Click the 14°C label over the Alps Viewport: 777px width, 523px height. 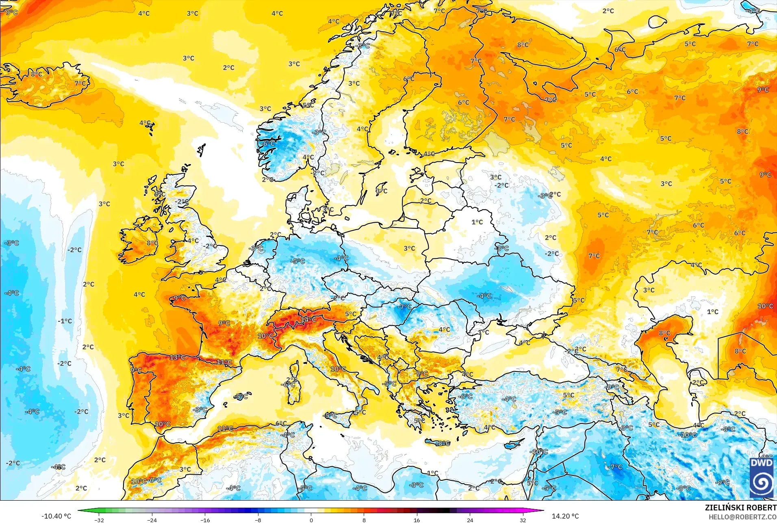point(308,320)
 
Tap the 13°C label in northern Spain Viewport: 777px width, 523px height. point(177,358)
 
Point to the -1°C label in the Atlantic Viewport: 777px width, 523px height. point(65,321)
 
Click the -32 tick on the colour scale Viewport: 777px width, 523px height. point(99,520)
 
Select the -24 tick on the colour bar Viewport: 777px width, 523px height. point(152,520)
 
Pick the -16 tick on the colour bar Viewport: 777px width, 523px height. point(205,520)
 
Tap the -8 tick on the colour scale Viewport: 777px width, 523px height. point(258,520)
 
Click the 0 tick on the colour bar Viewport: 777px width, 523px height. point(311,520)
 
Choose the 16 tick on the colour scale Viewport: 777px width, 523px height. point(417,520)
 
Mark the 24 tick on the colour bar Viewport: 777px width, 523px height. point(470,520)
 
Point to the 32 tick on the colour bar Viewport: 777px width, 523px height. point(523,520)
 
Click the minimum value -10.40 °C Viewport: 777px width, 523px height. point(56,516)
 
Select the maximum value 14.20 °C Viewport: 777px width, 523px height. point(565,516)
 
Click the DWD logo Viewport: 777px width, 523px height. point(762,478)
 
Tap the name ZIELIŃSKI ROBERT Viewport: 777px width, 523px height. point(740,508)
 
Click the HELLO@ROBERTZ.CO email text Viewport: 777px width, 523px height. point(742,517)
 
